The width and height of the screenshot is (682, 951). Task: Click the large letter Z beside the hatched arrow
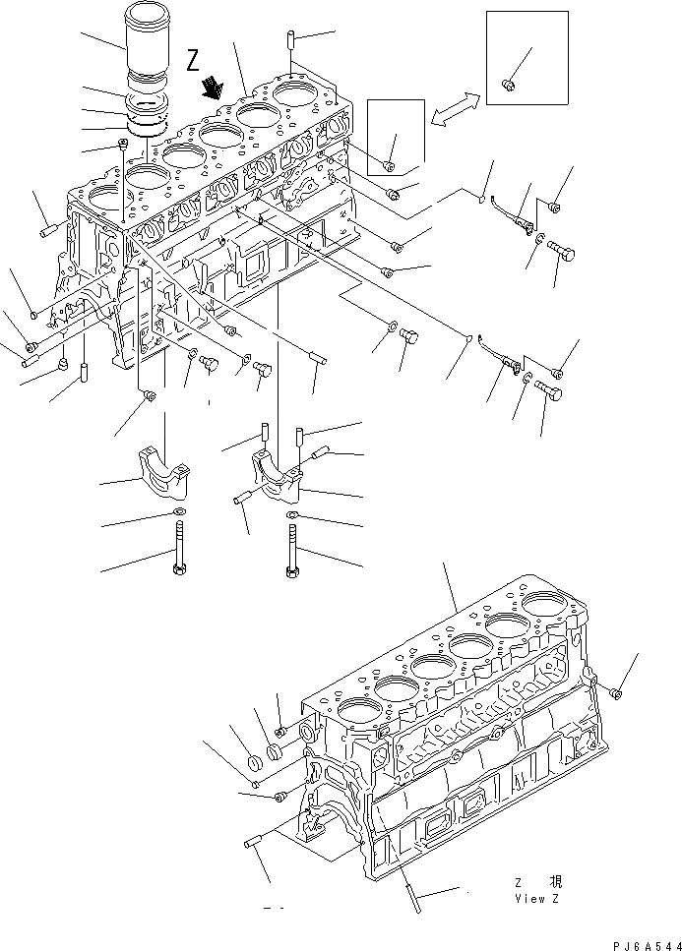click(x=192, y=61)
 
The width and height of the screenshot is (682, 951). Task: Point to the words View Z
click(x=536, y=898)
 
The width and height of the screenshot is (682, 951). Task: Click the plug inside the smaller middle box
click(x=390, y=164)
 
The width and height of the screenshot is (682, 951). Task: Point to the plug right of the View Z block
click(x=616, y=693)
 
